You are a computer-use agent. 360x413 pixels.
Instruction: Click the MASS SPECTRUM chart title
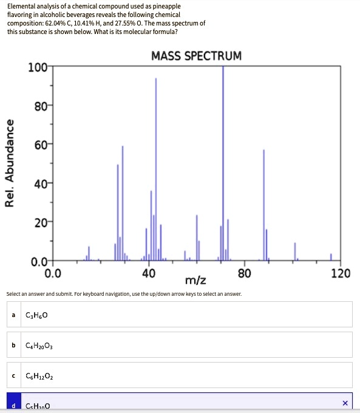(x=196, y=56)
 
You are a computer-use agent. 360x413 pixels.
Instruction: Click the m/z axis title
(x=195, y=281)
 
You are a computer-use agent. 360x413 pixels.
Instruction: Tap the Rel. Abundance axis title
(x=10, y=163)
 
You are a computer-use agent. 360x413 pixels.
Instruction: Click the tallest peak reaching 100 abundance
(x=223, y=158)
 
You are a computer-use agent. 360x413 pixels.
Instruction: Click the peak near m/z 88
(x=263, y=200)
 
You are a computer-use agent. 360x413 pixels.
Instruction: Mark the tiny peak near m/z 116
(x=331, y=257)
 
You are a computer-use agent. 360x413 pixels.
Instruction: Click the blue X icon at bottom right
(x=345, y=403)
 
